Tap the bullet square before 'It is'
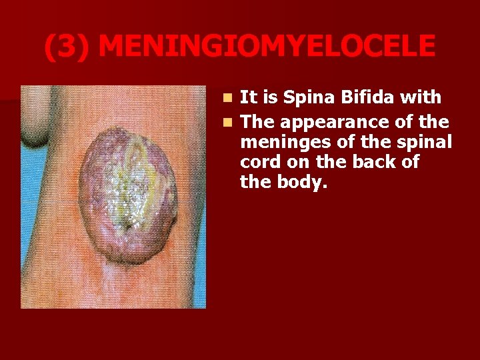(228, 98)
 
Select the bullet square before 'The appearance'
(228, 123)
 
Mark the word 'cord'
(257, 163)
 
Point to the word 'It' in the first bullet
(247, 97)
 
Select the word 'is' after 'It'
(269, 97)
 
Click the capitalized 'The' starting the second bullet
(257, 123)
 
